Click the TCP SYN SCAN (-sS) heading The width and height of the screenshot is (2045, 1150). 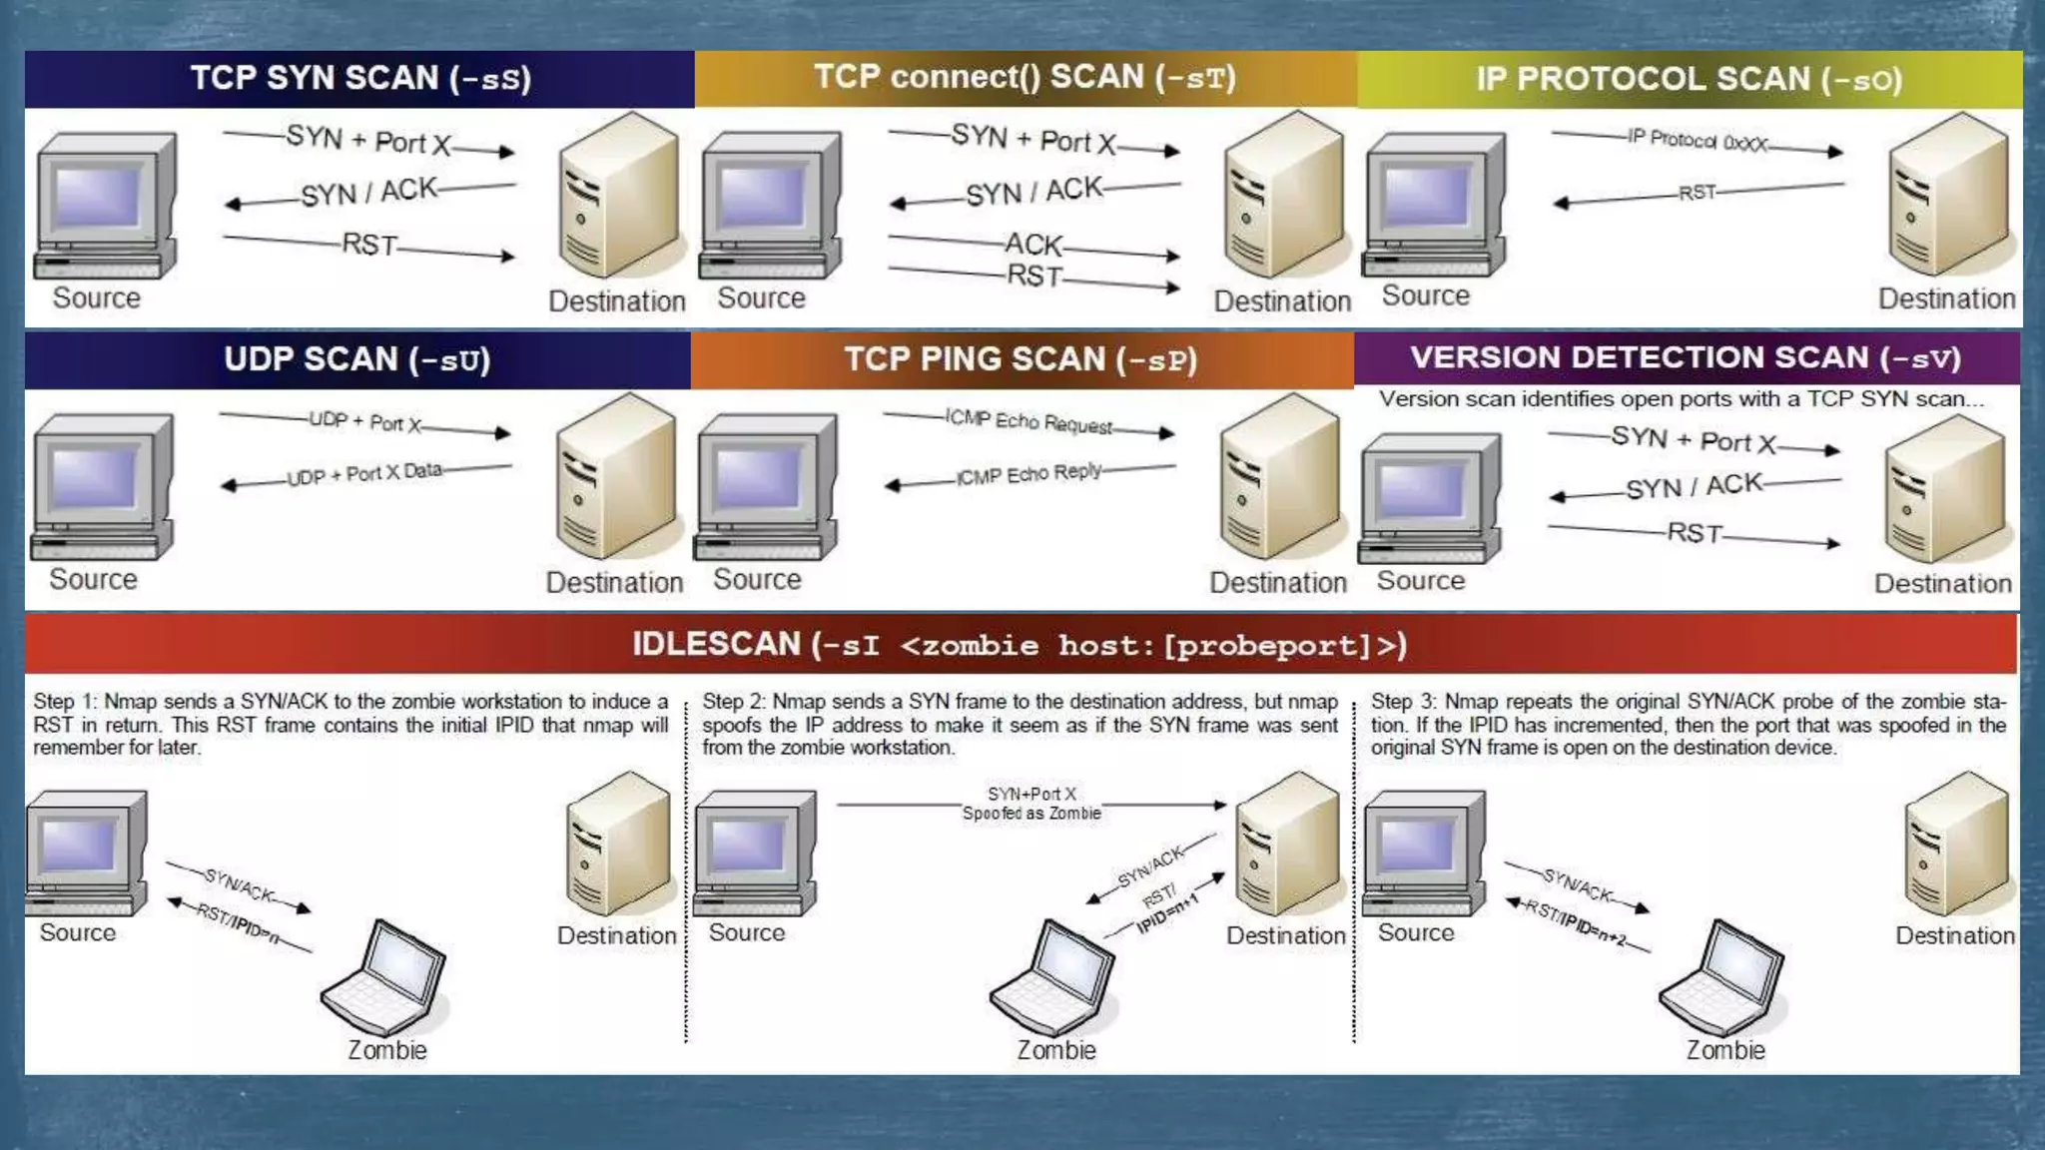[360, 79]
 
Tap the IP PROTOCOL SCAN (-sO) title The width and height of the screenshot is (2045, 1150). [1689, 80]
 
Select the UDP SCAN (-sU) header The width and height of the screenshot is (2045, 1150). [356, 360]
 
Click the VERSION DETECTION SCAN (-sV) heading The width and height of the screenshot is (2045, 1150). [1686, 358]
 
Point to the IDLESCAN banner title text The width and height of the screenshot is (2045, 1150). [1020, 645]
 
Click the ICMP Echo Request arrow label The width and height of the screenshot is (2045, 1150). [1028, 422]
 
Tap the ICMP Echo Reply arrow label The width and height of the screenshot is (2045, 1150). [1028, 474]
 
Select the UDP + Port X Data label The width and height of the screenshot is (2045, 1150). [364, 474]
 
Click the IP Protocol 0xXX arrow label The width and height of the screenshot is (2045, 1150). [1697, 141]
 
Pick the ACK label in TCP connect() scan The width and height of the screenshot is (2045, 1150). [1033, 245]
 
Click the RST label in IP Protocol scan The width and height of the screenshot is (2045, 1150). [1697, 193]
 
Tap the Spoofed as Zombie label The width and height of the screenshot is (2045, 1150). [1031, 814]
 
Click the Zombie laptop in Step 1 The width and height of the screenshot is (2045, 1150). [384, 978]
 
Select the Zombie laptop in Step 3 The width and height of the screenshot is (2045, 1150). [1722, 978]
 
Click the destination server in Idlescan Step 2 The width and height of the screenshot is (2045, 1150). [1288, 844]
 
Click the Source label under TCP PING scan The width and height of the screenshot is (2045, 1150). [757, 580]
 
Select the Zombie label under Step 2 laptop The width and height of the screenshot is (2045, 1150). [1056, 1050]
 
